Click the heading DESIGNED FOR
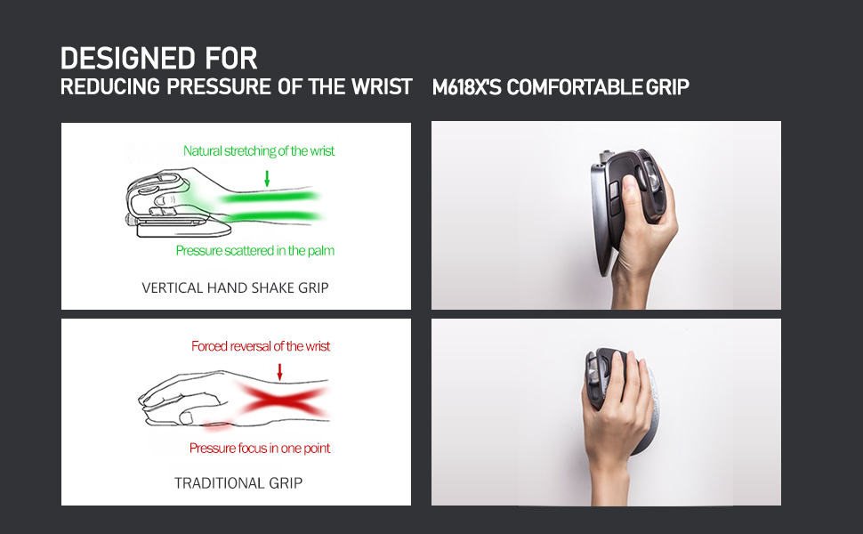pos(158,59)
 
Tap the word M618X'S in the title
pos(466,87)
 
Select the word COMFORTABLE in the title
pos(574,87)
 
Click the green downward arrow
pos(267,178)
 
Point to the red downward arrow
pos(279,372)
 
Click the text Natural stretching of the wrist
pos(259,150)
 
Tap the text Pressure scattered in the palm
pos(254,250)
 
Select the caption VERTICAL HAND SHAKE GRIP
pos(235,288)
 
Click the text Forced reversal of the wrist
pos(261,346)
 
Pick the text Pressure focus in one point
pos(259,449)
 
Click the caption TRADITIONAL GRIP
pos(238,483)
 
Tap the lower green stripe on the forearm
pos(272,215)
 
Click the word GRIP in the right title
pos(667,87)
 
